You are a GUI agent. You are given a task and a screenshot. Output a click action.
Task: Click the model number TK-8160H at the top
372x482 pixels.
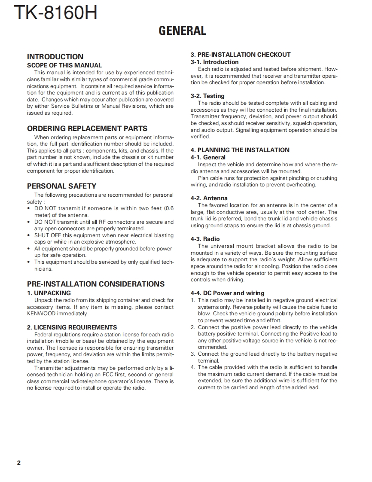(55, 13)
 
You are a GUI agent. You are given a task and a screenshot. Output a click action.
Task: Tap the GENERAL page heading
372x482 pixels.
(182, 31)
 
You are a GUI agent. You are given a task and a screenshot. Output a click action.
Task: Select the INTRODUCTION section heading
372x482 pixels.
(55, 57)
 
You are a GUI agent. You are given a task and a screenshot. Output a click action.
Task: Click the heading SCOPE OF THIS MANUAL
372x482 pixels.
(64, 65)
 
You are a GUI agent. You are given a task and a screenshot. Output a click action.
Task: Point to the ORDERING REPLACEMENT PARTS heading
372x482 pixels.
(87, 128)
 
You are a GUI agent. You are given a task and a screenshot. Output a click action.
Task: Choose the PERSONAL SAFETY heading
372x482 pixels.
(61, 186)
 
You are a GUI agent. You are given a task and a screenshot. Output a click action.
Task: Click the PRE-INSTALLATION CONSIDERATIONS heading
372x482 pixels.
(96, 284)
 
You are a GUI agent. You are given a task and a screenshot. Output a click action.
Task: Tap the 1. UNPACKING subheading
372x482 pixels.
(49, 293)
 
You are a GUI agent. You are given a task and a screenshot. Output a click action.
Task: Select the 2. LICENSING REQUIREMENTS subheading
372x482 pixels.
(72, 327)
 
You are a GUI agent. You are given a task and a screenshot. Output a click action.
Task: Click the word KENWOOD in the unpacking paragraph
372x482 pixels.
(41, 314)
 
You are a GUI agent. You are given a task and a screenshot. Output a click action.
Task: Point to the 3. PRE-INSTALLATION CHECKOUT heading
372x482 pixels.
(241, 55)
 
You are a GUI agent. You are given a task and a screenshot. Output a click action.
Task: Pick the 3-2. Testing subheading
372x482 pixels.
(207, 96)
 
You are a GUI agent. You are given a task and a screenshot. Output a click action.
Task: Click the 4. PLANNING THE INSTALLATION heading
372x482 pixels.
(240, 150)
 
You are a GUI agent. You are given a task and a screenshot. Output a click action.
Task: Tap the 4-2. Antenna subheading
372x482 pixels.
(209, 198)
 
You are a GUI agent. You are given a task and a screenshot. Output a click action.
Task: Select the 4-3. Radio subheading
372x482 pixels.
(205, 239)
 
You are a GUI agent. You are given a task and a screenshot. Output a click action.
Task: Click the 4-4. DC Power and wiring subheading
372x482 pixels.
(228, 293)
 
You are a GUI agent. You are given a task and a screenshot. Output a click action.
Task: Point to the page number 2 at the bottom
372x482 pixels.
(18, 463)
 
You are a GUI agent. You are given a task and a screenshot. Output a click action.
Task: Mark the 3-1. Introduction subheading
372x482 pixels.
(214, 62)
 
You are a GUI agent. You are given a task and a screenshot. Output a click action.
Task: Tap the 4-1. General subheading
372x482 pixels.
(208, 157)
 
